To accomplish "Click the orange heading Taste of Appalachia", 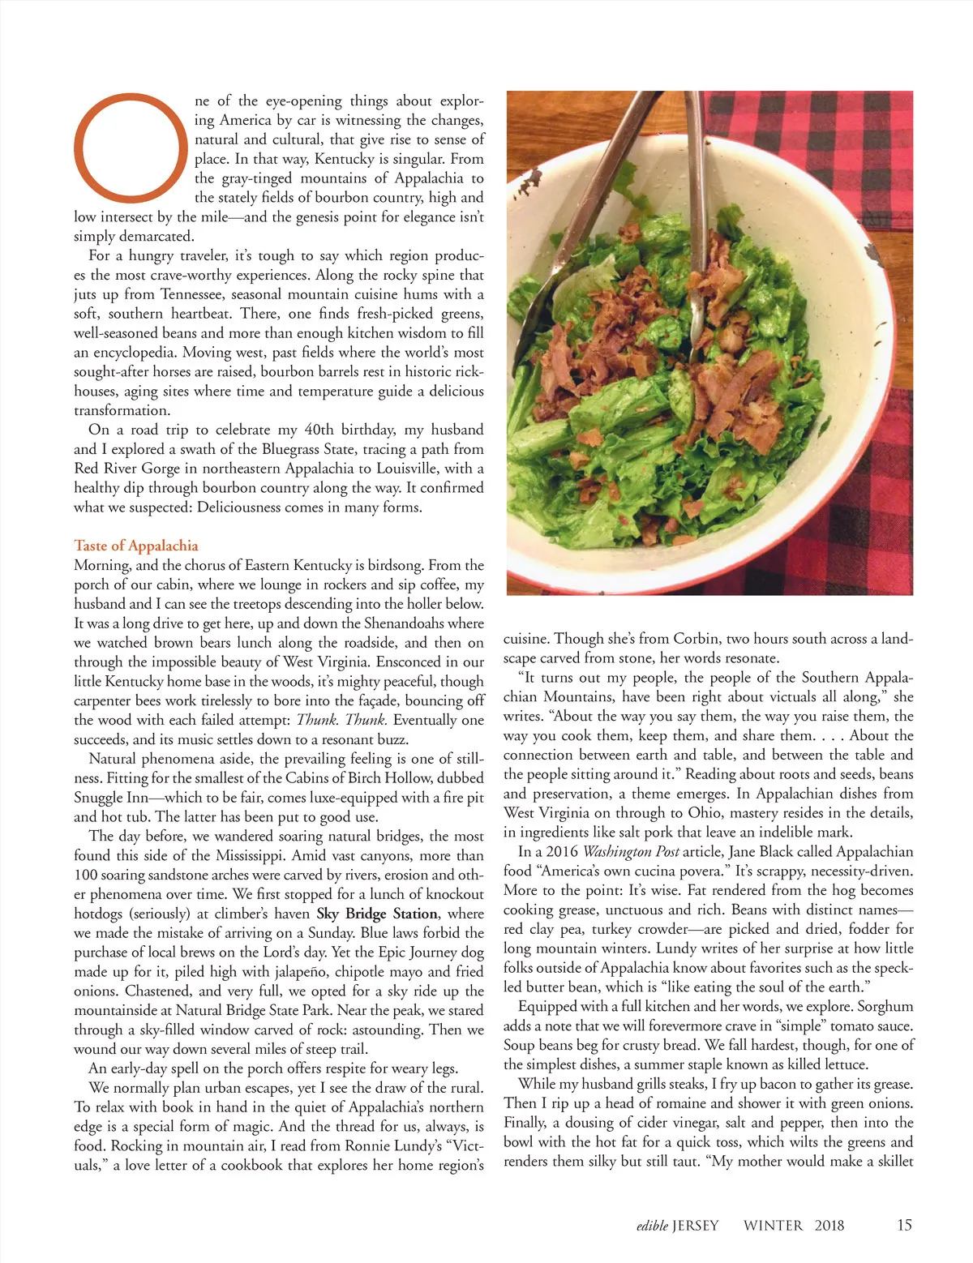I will tap(136, 546).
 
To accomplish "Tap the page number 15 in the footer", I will tap(904, 1224).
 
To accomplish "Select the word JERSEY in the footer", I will tap(695, 1225).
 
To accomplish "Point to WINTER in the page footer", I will tap(773, 1225).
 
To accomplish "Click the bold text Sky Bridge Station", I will tap(377, 914).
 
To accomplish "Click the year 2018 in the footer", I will tap(829, 1225).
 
